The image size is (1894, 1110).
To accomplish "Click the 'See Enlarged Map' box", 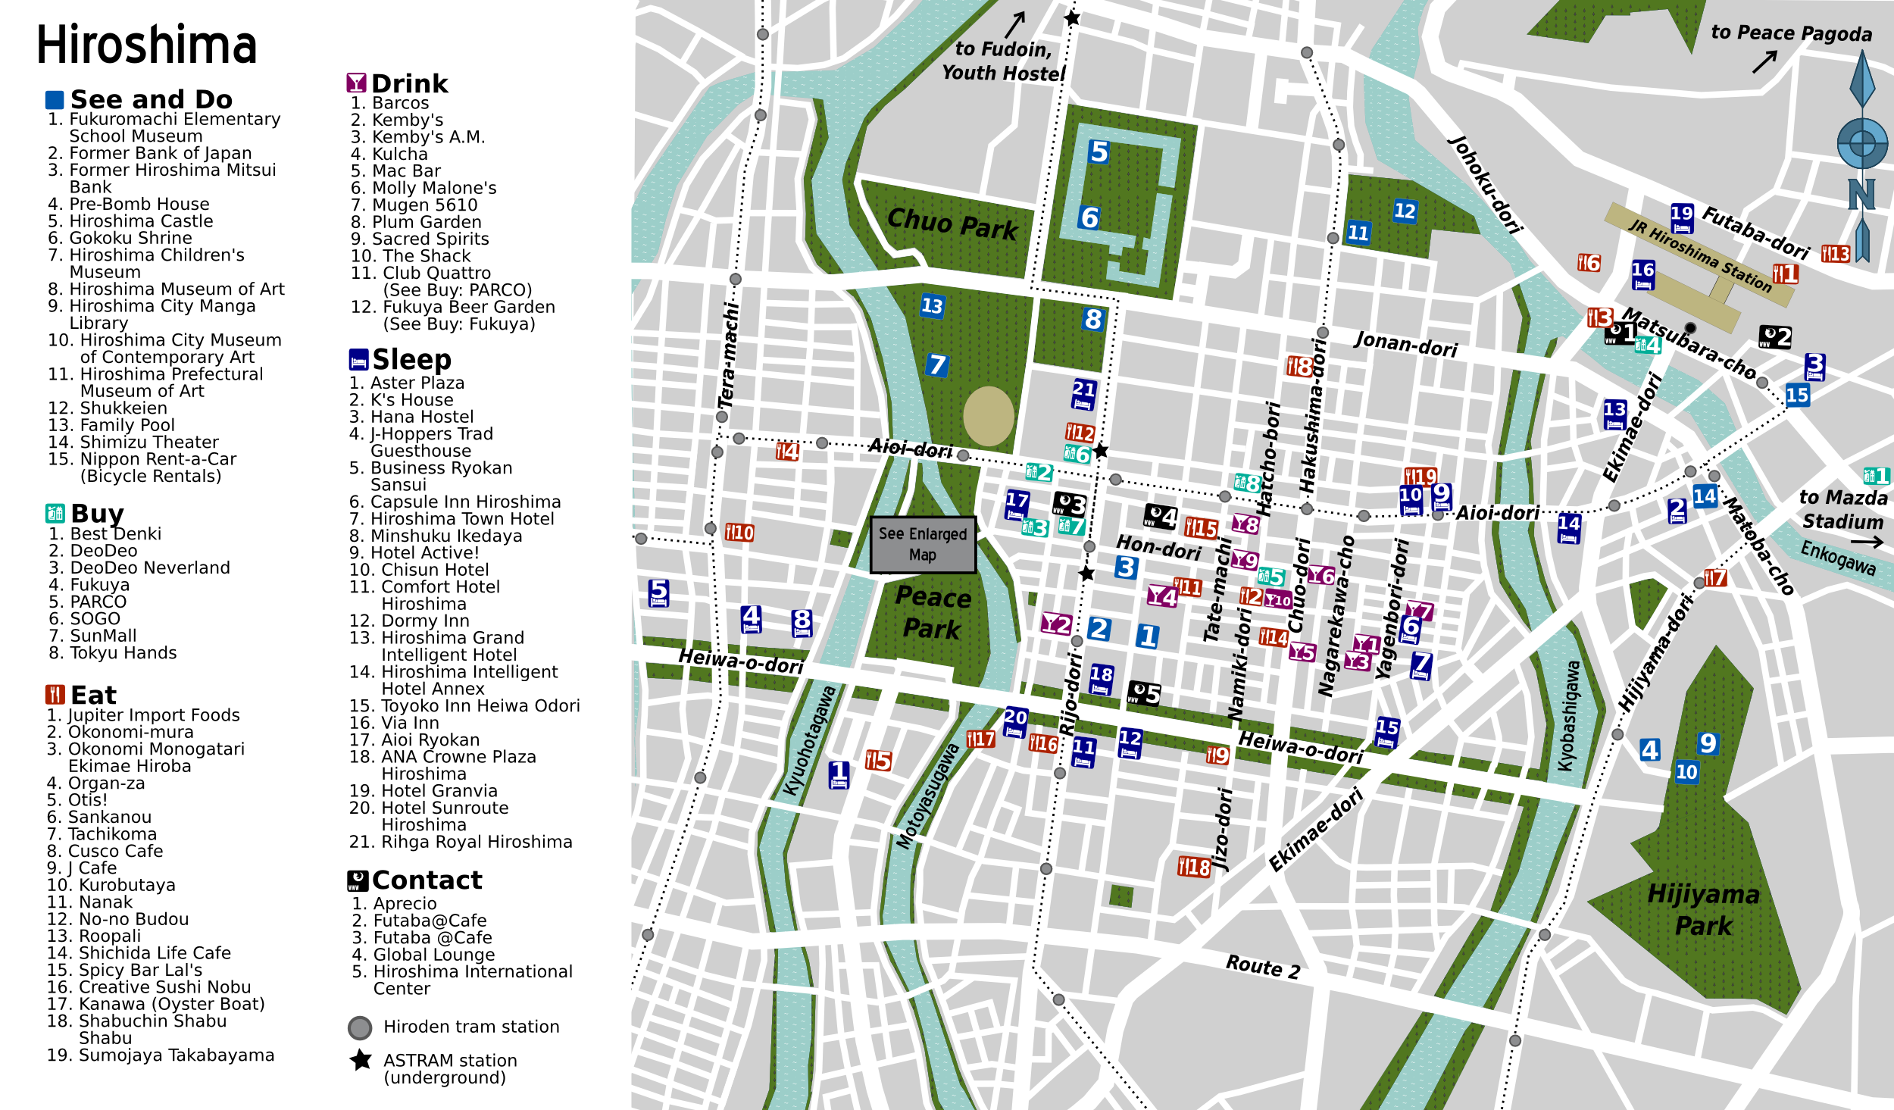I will (922, 544).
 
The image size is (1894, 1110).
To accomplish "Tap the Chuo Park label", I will (952, 224).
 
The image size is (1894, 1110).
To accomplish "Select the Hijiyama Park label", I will (1703, 910).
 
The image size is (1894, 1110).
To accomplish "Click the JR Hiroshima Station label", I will (1700, 255).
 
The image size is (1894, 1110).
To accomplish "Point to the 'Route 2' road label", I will (1263, 966).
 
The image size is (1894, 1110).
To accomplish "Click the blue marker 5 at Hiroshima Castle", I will (1099, 152).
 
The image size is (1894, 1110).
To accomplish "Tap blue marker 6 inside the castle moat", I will (1089, 218).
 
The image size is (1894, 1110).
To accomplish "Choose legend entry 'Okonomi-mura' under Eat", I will (130, 732).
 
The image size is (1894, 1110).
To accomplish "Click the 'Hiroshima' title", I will (147, 45).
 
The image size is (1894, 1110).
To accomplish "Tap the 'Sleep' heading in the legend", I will (411, 359).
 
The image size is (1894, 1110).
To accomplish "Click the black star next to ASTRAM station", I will (361, 1059).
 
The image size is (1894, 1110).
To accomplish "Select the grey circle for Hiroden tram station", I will (360, 1027).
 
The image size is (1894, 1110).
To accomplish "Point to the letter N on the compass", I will (1861, 194).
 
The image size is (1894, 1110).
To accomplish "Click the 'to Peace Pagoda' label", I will (1791, 33).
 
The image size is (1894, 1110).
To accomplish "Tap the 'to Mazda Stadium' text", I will (1842, 509).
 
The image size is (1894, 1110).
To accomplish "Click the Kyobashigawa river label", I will (1568, 716).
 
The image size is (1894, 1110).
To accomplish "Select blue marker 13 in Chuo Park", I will (932, 306).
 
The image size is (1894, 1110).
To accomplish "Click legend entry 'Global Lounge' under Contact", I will (433, 955).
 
